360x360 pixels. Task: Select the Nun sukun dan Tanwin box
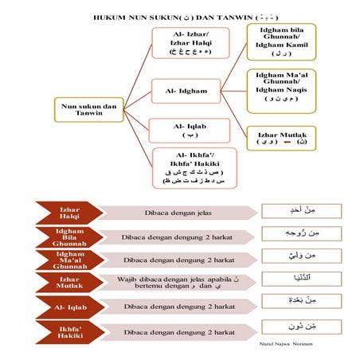tap(87, 109)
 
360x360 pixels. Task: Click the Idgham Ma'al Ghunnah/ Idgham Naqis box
tap(281, 88)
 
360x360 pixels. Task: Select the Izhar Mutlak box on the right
tap(281, 140)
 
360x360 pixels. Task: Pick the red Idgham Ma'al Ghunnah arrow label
tap(68, 260)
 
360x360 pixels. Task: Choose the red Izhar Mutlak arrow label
tap(68, 283)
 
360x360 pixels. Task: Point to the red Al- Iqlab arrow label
tap(68, 305)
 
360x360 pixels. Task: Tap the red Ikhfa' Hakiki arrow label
tap(68, 328)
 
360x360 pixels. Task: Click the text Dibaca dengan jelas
tap(175, 213)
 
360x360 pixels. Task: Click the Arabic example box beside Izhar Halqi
tap(301, 212)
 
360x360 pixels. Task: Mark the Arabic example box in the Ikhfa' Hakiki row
tap(301, 327)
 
